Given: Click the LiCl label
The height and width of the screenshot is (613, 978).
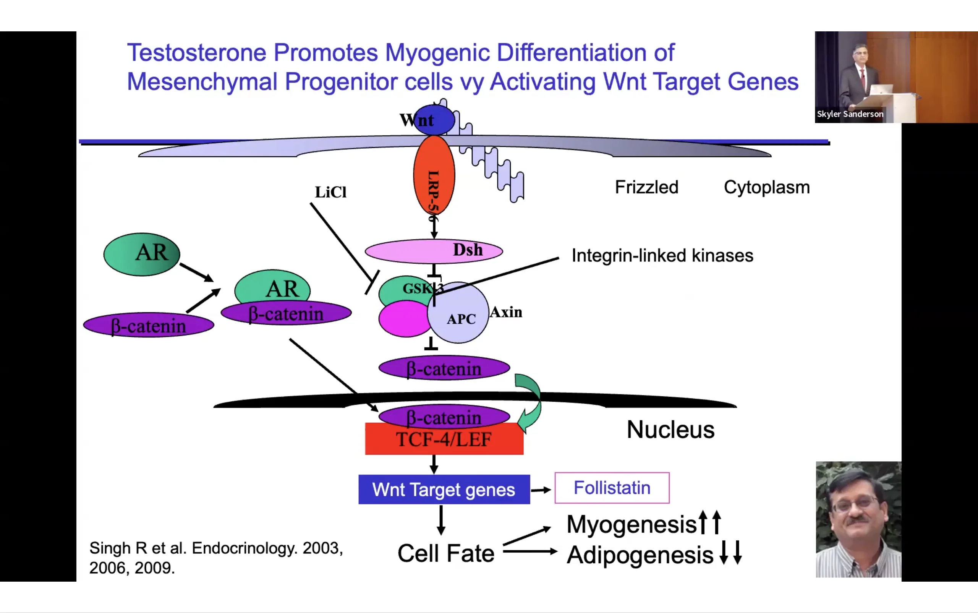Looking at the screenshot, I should point(331,192).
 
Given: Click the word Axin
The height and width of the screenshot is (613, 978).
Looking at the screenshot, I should point(506,312).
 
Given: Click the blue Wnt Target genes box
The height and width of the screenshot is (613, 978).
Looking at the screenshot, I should point(444,489).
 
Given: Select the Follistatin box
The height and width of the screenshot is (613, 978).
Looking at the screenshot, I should point(612,488).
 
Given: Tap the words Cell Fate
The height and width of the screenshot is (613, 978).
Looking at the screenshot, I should point(446,553).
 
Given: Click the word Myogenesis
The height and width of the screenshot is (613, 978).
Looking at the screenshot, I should point(631,524).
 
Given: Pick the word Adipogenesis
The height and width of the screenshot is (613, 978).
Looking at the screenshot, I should point(640,555).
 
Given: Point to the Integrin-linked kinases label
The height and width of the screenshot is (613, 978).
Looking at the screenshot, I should point(662,256).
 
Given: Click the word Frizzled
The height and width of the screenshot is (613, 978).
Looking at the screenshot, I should point(646,187).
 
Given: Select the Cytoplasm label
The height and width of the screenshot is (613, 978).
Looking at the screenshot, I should point(766,187).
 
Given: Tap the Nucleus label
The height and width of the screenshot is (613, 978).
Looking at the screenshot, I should point(670,430).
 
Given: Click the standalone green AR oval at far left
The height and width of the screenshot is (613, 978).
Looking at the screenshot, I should point(142,254).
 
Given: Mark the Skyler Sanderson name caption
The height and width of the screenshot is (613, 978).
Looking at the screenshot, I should point(850,114).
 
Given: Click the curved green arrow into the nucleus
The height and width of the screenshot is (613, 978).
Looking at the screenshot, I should point(531,401).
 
